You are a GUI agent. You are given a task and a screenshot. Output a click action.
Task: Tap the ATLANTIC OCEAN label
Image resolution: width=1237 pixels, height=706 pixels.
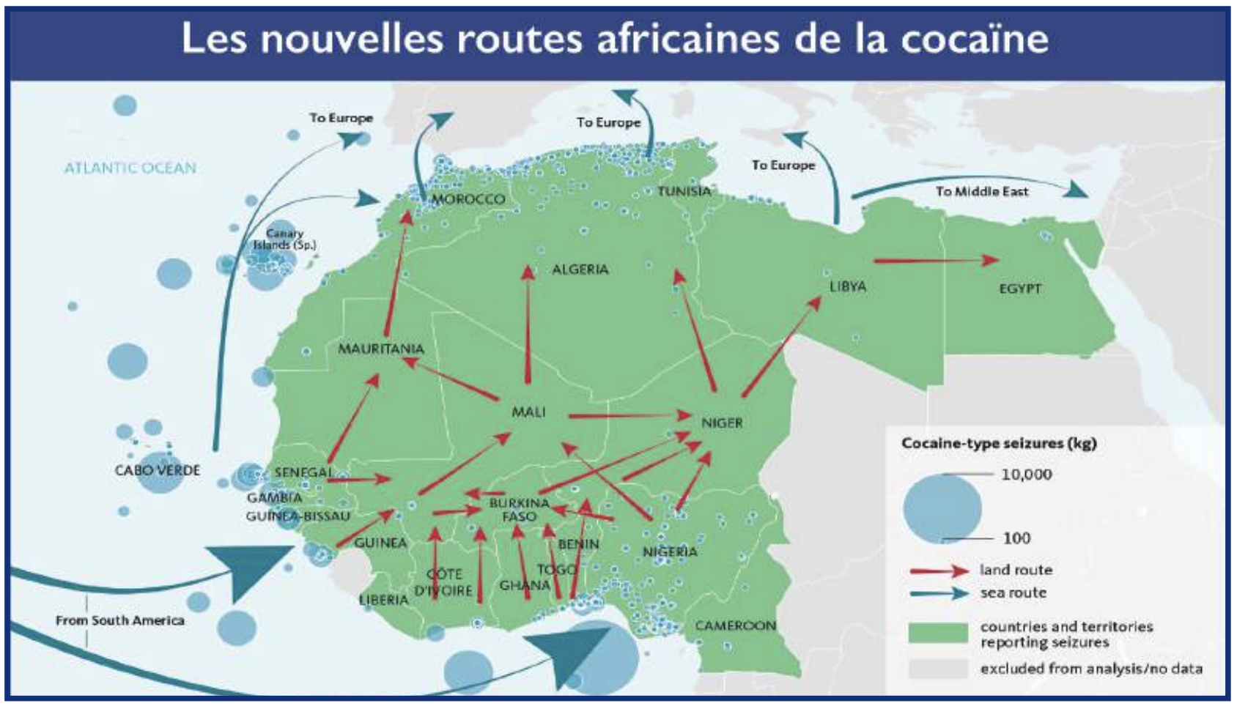pyautogui.click(x=130, y=168)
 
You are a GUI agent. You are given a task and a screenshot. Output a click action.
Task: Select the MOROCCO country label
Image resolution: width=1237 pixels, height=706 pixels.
pyautogui.click(x=468, y=199)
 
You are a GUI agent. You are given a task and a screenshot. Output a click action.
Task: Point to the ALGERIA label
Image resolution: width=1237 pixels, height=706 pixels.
pyautogui.click(x=580, y=270)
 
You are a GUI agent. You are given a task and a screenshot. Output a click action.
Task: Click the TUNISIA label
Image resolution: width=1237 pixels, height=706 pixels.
pyautogui.click(x=684, y=191)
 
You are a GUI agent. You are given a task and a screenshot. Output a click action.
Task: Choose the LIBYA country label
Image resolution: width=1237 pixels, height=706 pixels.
pyautogui.click(x=848, y=286)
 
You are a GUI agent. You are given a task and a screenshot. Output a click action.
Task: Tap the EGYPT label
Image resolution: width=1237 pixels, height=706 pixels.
pyautogui.click(x=1019, y=289)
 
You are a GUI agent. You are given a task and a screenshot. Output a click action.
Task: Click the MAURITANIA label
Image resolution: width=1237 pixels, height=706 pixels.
pyautogui.click(x=381, y=349)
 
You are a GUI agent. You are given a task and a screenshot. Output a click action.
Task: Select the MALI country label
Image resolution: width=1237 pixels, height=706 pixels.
pyautogui.click(x=528, y=412)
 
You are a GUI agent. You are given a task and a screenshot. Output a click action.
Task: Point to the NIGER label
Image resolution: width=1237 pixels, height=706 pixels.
pyautogui.click(x=722, y=423)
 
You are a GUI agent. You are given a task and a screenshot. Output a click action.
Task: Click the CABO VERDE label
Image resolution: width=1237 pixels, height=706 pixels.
pyautogui.click(x=157, y=470)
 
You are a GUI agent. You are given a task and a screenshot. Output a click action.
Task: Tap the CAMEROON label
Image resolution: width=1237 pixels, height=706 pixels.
pyautogui.click(x=735, y=625)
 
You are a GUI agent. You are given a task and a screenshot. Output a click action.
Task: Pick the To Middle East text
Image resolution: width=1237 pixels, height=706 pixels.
pyautogui.click(x=982, y=191)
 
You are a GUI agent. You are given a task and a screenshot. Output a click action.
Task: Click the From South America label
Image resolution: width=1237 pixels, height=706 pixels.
pyautogui.click(x=120, y=620)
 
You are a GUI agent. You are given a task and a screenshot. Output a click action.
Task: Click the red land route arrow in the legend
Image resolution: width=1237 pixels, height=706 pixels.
pyautogui.click(x=939, y=571)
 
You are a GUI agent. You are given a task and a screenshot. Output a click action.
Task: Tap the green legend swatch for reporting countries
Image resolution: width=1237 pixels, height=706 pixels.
pyautogui.click(x=937, y=633)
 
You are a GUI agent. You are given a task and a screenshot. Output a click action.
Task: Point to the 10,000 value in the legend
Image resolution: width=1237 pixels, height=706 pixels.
pyautogui.click(x=1026, y=475)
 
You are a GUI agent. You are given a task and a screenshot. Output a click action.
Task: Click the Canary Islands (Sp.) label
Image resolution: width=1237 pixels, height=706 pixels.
pyautogui.click(x=284, y=239)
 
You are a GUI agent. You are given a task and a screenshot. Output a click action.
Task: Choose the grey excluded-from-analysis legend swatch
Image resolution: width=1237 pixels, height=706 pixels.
pyautogui.click(x=937, y=669)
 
